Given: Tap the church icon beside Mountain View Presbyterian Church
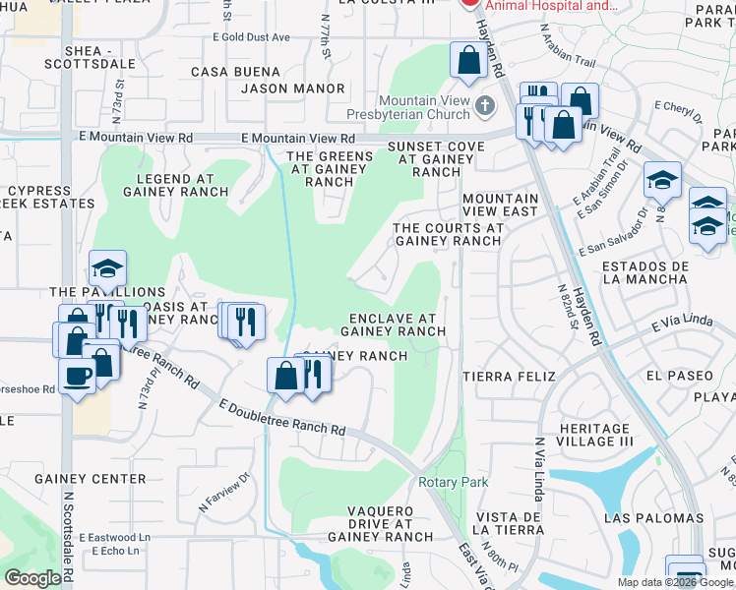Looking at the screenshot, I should pyautogui.click(x=483, y=105).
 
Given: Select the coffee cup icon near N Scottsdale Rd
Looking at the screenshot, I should pyautogui.click(x=77, y=374).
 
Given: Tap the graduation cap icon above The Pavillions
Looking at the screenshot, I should pyautogui.click(x=107, y=268).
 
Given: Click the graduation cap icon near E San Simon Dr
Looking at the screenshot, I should pyautogui.click(x=663, y=180).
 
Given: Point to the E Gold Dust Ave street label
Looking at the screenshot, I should pyautogui.click(x=251, y=37).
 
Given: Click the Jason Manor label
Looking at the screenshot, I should pyautogui.click(x=293, y=88).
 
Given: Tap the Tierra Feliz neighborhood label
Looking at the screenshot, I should pyautogui.click(x=509, y=377).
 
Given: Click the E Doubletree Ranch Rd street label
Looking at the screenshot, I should pyautogui.click(x=283, y=417).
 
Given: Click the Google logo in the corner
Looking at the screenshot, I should pyautogui.click(x=32, y=578).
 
